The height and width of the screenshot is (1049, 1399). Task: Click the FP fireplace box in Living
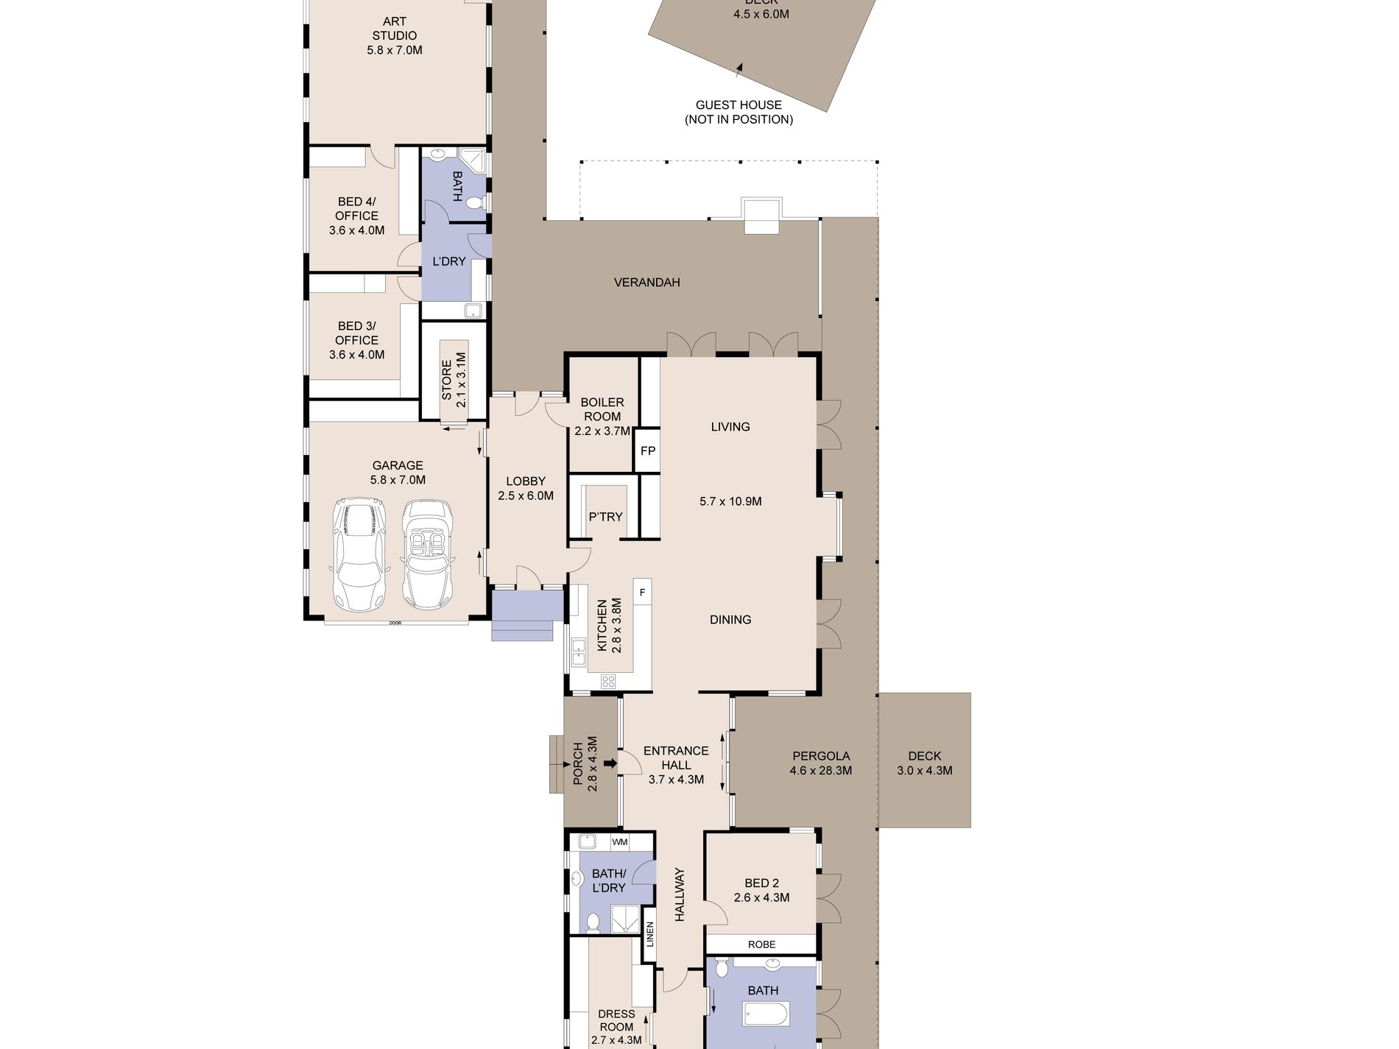(647, 451)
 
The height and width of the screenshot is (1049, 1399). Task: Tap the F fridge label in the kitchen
(642, 592)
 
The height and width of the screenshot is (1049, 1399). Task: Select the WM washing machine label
(620, 841)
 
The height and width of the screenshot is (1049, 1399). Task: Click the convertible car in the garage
(427, 554)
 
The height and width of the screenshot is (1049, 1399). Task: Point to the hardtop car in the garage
(359, 554)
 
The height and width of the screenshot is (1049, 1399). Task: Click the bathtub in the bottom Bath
(766, 1014)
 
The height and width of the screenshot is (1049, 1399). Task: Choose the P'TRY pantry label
(605, 517)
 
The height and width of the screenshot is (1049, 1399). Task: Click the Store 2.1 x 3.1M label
(454, 379)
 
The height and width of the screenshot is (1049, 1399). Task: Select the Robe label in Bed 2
(761, 944)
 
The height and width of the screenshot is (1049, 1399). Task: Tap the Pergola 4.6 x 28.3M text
(821, 763)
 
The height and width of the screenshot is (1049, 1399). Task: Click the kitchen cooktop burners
(608, 681)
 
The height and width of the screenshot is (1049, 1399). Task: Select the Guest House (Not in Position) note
(739, 112)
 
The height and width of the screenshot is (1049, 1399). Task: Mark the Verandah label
(646, 282)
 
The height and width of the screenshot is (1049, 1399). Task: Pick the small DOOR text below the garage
(395, 624)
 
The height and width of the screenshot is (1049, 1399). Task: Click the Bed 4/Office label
(356, 216)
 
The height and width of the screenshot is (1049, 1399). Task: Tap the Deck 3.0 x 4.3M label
(924, 763)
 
